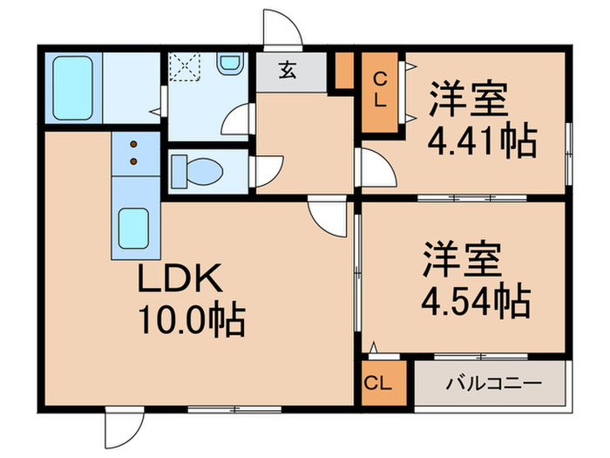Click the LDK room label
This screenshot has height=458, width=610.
pyautogui.click(x=182, y=280)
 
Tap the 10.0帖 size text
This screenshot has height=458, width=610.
pyautogui.click(x=190, y=321)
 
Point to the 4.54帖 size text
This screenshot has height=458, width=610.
pyautogui.click(x=476, y=301)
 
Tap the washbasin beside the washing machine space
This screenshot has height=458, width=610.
pyautogui.click(x=229, y=65)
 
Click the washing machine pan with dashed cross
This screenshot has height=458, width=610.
pyautogui.click(x=185, y=67)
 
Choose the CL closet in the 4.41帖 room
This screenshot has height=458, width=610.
pyautogui.click(x=379, y=92)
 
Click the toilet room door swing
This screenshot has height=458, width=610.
pyautogui.click(x=267, y=169)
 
